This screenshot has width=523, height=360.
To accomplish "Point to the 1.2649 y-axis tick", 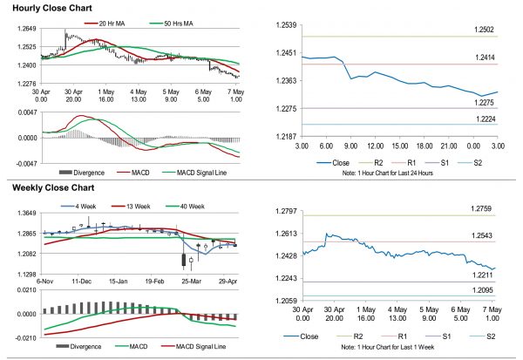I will click(26, 30).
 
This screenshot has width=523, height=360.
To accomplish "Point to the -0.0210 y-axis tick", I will click(24, 337).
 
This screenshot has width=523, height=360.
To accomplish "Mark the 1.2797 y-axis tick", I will click(287, 212).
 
